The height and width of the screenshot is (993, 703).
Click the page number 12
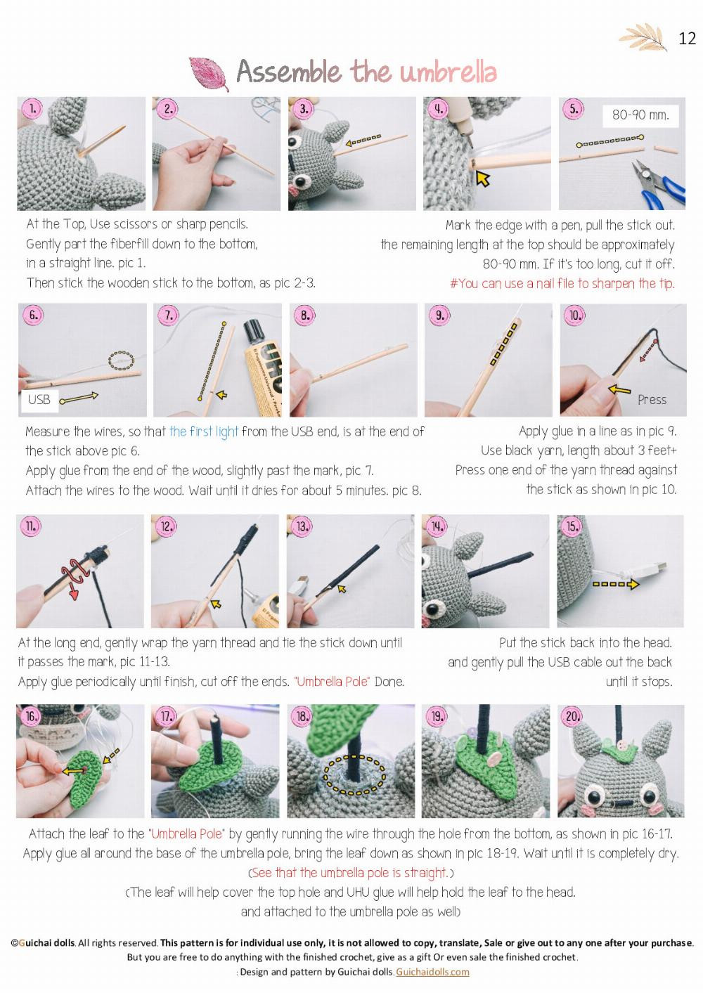(687, 38)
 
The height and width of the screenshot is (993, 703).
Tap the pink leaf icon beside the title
(209, 74)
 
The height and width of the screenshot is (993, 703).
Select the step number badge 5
(574, 109)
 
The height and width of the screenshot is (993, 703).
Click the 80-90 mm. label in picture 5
(640, 115)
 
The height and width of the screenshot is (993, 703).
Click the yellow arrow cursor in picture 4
(482, 178)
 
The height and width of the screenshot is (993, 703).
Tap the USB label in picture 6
(39, 399)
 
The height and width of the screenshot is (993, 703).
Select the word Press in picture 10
(652, 399)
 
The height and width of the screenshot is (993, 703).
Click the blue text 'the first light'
(203, 431)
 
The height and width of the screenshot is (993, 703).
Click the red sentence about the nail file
(562, 284)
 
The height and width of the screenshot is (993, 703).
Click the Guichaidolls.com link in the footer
(432, 972)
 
